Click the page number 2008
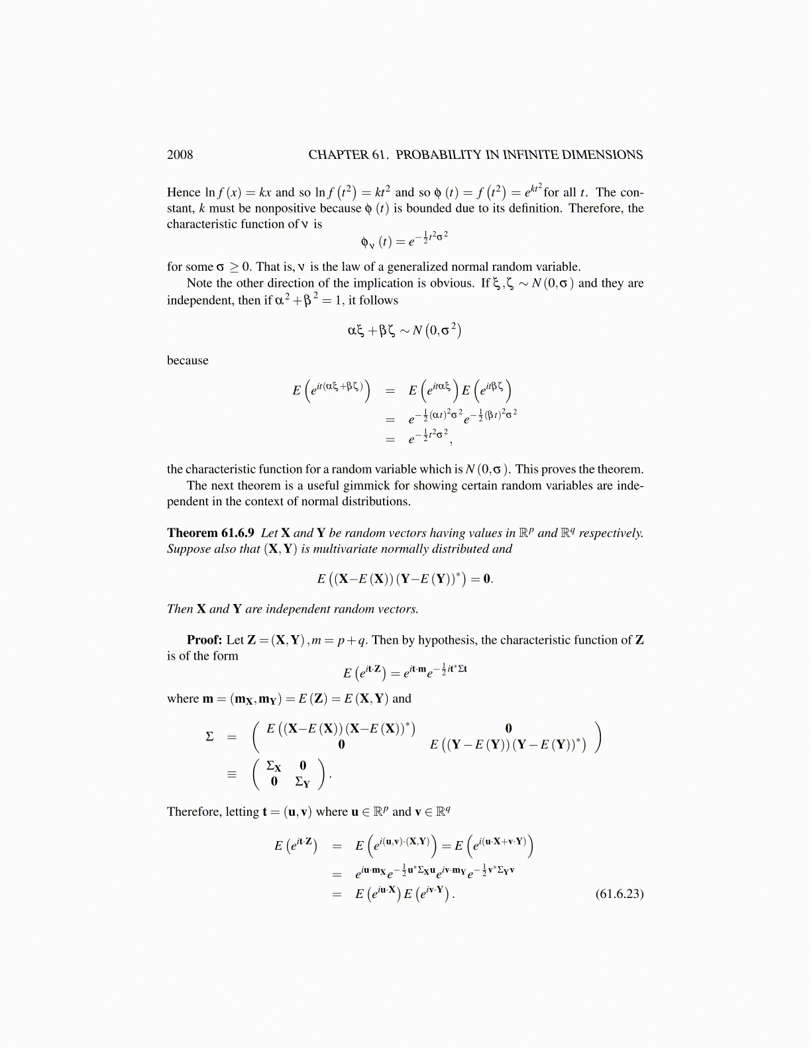(x=180, y=155)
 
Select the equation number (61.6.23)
(x=619, y=894)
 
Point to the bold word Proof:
(x=204, y=640)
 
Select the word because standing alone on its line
(x=188, y=360)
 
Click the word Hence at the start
(x=184, y=193)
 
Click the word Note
(x=200, y=283)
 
